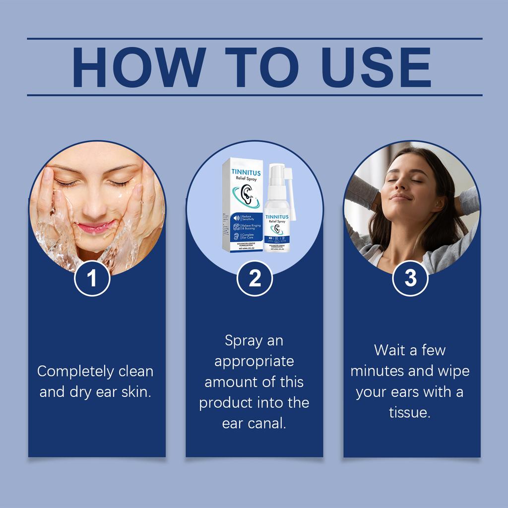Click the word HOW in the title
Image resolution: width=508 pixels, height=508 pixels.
click(x=138, y=67)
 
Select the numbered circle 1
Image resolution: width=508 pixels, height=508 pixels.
click(x=92, y=279)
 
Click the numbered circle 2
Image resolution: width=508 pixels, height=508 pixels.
click(x=254, y=279)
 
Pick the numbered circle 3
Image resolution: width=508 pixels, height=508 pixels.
click(x=410, y=279)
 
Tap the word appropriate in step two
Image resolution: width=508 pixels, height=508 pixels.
click(x=254, y=361)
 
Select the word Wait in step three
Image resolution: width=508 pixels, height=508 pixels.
click(x=390, y=350)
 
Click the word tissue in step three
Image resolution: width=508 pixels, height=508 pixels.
click(x=409, y=413)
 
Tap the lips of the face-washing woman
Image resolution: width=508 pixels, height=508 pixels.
click(x=93, y=228)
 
